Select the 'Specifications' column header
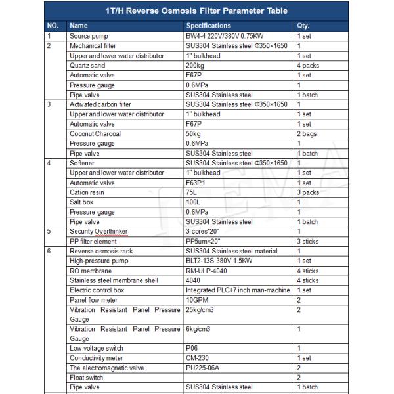click(x=209, y=26)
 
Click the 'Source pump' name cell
click(x=89, y=36)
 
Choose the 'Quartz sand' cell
click(x=88, y=66)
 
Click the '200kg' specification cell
click(x=196, y=66)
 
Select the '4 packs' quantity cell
click(x=307, y=66)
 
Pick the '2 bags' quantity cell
click(x=306, y=134)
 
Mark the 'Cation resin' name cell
click(x=88, y=192)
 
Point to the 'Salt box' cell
click(x=83, y=202)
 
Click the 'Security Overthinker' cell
click(x=98, y=232)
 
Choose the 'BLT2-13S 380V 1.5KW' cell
click(x=223, y=261)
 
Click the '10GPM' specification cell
click(x=197, y=299)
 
